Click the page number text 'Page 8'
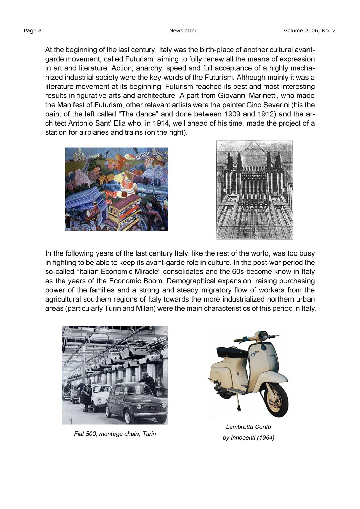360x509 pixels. pyautogui.click(x=33, y=31)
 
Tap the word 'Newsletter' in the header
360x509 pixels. pyautogui.click(x=183, y=31)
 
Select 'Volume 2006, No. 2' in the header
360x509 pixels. pyautogui.click(x=310, y=31)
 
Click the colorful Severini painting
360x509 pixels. pyautogui.click(x=117, y=189)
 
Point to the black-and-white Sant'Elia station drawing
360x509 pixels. pyautogui.click(x=255, y=190)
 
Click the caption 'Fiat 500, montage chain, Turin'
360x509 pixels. pyautogui.click(x=115, y=434)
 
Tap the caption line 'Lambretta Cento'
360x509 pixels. pyautogui.click(x=248, y=427)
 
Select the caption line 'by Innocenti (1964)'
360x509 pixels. pyautogui.click(x=248, y=438)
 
